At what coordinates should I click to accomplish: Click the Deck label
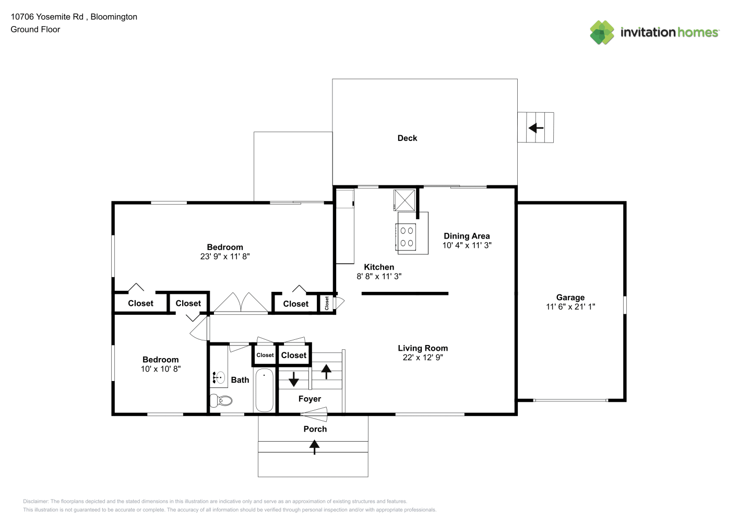[407, 138]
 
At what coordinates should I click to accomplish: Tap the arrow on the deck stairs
[536, 127]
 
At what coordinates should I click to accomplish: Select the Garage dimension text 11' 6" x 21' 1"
[570, 307]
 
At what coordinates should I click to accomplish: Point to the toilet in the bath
[221, 401]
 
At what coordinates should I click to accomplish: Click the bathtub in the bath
[264, 390]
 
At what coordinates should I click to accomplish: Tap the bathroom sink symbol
[219, 377]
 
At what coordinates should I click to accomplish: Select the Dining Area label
[467, 236]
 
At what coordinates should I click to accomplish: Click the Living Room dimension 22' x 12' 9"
[423, 358]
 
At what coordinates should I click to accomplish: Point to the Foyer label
[310, 399]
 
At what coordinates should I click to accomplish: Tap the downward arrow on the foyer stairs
[293, 379]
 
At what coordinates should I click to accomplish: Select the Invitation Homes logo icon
[602, 32]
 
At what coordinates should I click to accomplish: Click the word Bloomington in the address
[114, 17]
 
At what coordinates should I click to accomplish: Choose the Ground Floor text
[35, 29]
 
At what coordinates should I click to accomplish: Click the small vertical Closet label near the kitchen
[327, 303]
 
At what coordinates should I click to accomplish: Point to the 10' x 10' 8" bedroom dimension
[161, 369]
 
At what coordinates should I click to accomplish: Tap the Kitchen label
[379, 267]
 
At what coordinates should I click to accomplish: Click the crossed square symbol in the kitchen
[404, 200]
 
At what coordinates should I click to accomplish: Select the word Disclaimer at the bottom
[35, 501]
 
